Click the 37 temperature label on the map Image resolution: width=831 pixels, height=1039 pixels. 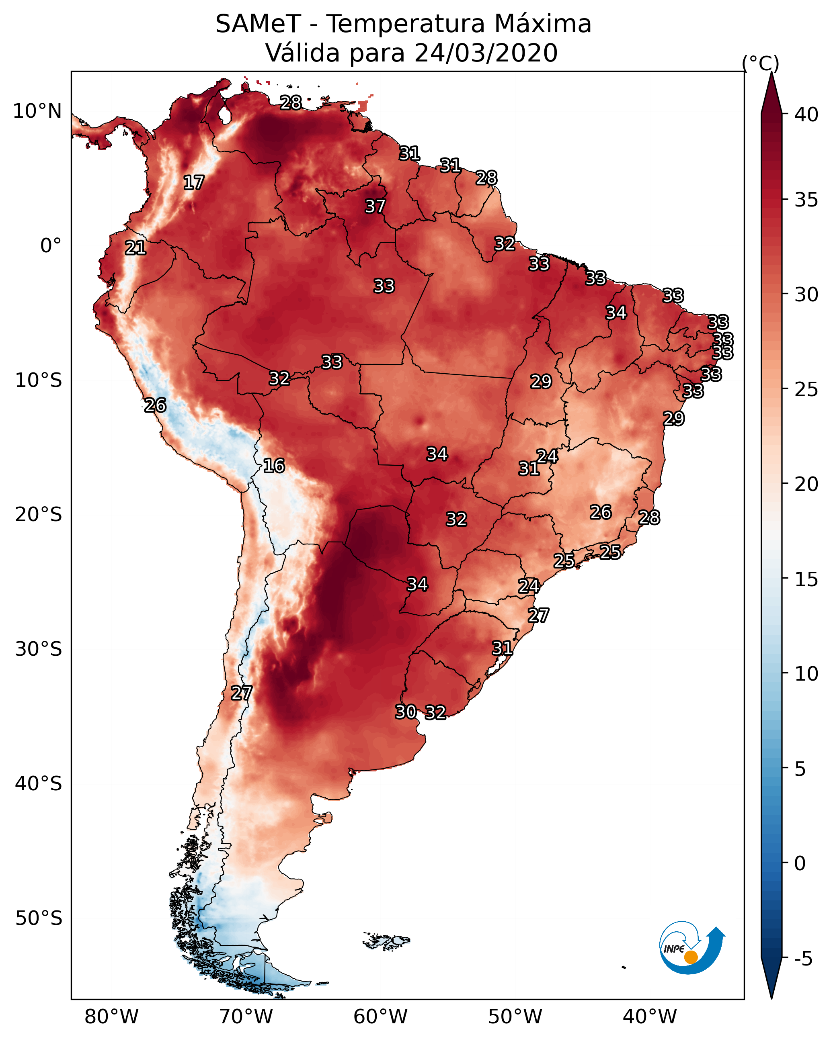click(x=375, y=206)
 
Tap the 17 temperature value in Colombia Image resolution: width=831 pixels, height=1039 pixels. click(x=193, y=183)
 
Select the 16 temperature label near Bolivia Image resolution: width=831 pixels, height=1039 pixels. click(x=273, y=466)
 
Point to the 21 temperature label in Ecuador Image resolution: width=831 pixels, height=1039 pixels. click(x=135, y=248)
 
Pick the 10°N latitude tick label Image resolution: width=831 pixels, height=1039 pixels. click(x=37, y=111)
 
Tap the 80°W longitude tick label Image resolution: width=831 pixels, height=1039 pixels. click(x=111, y=1017)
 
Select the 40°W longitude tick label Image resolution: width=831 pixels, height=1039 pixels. click(x=650, y=1017)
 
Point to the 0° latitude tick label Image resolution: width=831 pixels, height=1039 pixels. click(x=51, y=246)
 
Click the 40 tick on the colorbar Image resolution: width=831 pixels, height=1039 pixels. click(x=806, y=115)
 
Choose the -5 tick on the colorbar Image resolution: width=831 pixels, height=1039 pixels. click(x=803, y=959)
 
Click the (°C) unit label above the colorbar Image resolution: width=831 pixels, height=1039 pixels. click(x=761, y=63)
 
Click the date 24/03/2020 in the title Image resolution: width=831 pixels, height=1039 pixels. click(x=486, y=53)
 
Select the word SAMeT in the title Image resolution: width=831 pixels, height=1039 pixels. click(x=258, y=24)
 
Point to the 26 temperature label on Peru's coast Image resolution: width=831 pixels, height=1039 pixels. click(x=155, y=405)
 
